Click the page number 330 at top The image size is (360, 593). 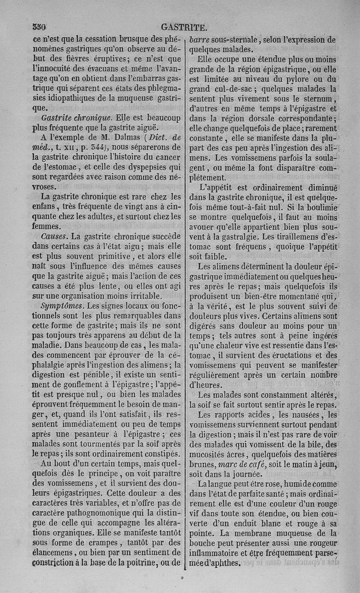[x=40, y=26]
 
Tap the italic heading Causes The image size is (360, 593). [x=54, y=236]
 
